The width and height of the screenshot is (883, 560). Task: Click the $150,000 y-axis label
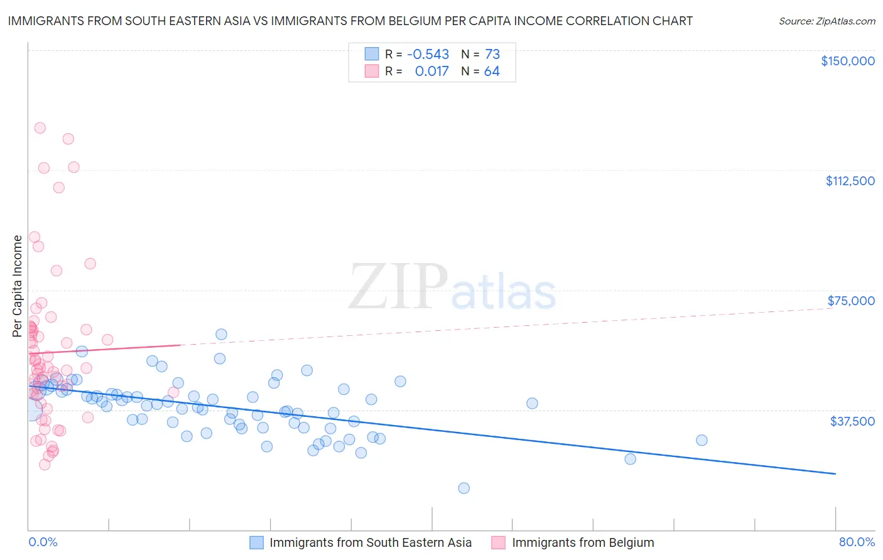[x=847, y=61]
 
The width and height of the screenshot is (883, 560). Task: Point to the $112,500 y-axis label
[x=850, y=181]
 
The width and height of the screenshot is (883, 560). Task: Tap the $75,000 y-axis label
[x=851, y=301]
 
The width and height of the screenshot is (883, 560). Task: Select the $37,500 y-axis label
[x=852, y=421]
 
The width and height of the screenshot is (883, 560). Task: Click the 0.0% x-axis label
[x=43, y=542]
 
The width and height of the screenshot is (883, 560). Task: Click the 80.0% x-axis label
[x=857, y=542]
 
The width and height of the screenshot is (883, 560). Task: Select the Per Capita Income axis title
[x=17, y=286]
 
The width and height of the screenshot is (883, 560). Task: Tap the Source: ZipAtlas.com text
[x=826, y=21]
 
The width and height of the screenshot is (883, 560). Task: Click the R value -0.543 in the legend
[x=428, y=55]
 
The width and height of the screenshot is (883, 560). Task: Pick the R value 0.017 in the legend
[x=431, y=72]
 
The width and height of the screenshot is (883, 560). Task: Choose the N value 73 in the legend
[x=492, y=55]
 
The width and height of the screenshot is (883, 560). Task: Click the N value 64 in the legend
[x=492, y=72]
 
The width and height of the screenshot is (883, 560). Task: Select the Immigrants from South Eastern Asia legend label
[x=370, y=542]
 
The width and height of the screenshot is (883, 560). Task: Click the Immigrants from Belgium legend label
[x=582, y=542]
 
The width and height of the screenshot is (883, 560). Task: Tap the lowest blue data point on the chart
[x=463, y=488]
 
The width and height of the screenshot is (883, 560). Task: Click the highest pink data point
[x=40, y=128]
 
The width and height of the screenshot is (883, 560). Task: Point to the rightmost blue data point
[x=702, y=440]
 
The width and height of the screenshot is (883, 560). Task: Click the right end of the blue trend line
[x=835, y=473]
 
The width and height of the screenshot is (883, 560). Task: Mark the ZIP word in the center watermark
[x=398, y=287]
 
